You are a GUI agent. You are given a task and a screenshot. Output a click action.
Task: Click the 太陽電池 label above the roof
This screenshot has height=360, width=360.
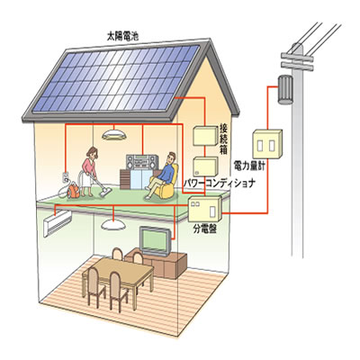tap(122, 36)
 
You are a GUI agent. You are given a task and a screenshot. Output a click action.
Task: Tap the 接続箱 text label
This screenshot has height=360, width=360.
tap(224, 139)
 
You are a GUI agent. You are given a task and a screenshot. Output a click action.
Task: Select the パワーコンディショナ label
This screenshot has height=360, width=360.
tap(219, 183)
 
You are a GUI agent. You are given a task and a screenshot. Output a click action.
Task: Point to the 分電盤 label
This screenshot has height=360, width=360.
tap(205, 229)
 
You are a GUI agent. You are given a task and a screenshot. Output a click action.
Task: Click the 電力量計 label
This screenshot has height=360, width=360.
tap(249, 166)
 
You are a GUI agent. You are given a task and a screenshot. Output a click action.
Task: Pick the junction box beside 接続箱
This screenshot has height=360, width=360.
tap(205, 136)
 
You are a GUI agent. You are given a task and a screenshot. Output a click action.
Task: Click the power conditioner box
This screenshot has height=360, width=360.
tap(205, 166)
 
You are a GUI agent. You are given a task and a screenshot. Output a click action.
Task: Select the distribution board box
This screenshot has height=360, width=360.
tap(205, 209)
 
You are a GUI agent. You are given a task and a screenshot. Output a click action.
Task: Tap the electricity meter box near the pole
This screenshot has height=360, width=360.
tap(267, 144)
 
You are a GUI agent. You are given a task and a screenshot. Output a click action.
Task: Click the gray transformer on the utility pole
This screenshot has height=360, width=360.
tap(285, 89)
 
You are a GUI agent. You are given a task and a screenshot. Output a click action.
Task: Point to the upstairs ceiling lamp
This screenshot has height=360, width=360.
tap(113, 134)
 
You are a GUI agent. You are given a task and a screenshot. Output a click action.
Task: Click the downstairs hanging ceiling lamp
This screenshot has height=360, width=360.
tap(112, 224)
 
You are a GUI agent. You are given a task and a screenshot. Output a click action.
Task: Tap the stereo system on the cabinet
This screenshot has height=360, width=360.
tap(142, 162)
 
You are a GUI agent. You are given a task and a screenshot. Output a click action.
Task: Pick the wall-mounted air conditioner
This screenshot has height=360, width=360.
tap(58, 223)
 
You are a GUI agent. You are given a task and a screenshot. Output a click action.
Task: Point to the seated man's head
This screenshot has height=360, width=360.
tap(171, 157)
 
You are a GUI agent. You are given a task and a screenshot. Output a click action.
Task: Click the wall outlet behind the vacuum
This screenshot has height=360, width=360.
tap(66, 177)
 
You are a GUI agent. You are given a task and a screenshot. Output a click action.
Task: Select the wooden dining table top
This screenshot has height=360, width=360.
tap(121, 268)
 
